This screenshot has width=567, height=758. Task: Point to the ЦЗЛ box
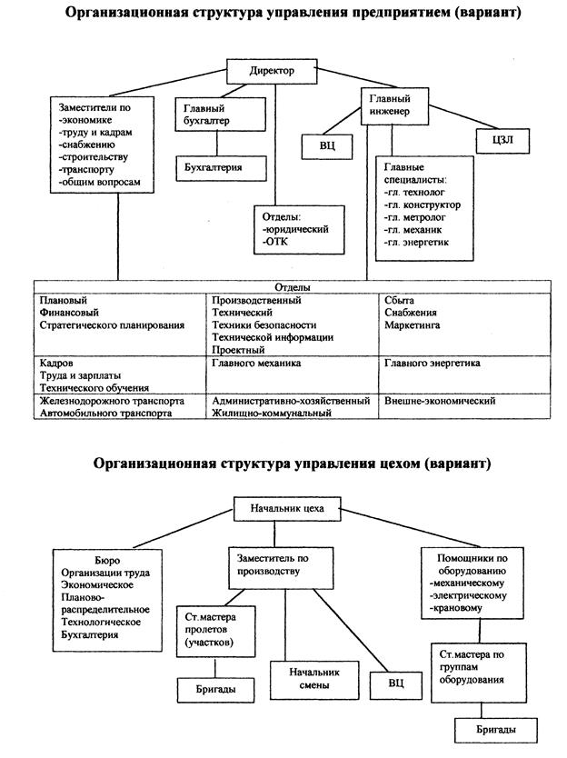tap(498, 140)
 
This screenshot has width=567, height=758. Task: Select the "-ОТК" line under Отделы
tap(274, 243)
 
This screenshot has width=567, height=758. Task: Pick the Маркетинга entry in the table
tap(413, 325)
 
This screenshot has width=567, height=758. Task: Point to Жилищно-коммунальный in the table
tap(271, 413)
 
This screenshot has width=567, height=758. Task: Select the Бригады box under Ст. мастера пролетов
tap(218, 690)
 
